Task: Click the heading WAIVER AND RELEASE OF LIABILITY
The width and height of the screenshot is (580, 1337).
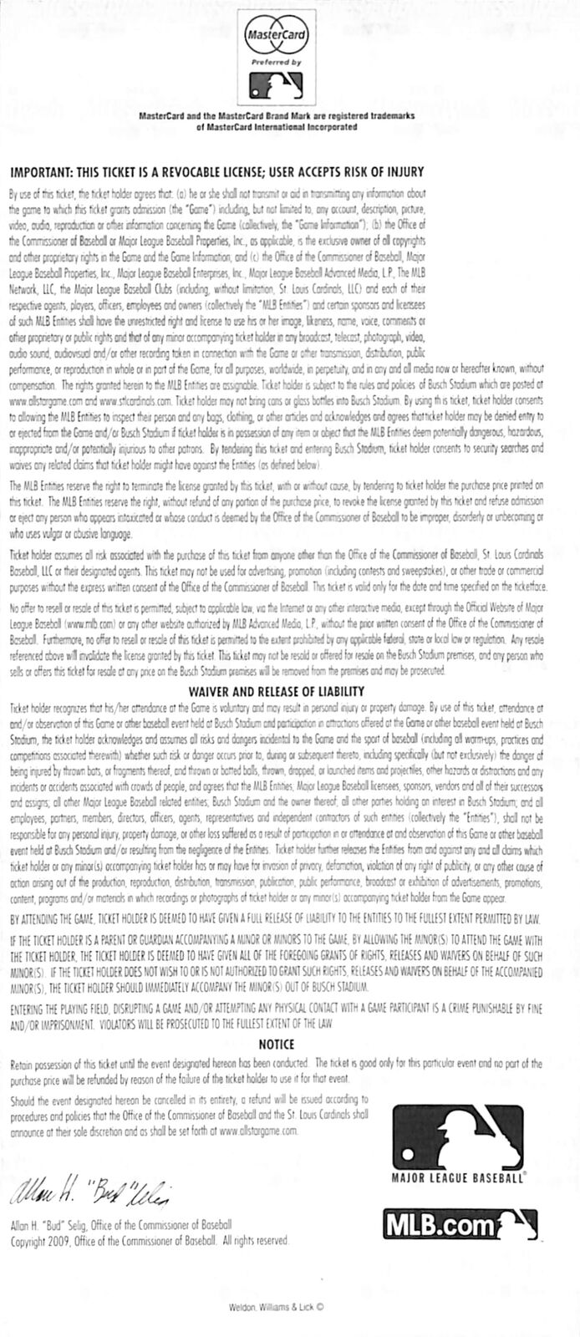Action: [x=277, y=691]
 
